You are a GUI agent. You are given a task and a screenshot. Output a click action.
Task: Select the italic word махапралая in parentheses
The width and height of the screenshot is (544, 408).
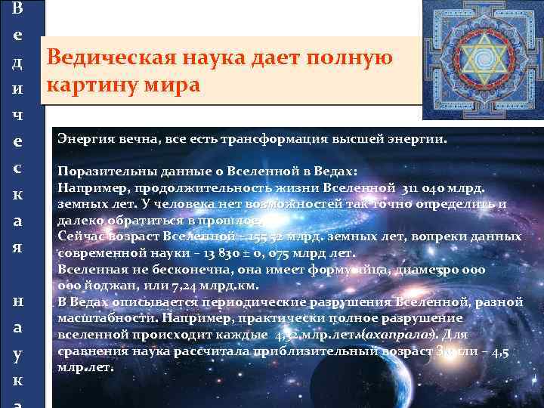click(x=396, y=335)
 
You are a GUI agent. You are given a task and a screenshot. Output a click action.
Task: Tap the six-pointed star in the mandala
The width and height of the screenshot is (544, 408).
click(x=481, y=60)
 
